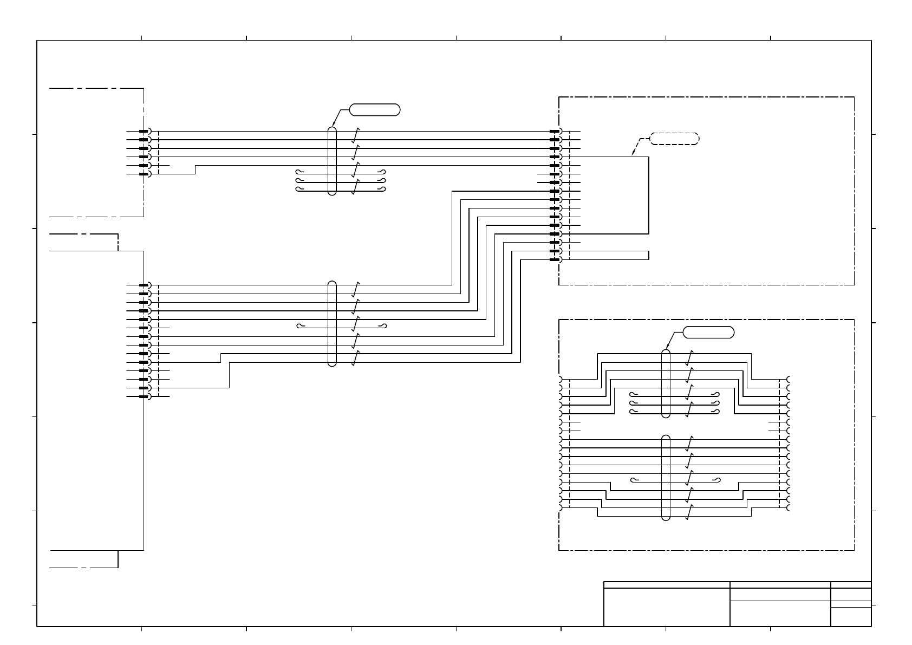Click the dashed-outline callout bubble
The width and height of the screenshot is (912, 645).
coord(674,139)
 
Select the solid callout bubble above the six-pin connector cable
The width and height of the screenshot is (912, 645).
coord(375,110)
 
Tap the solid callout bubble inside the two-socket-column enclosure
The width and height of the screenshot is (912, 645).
coord(708,333)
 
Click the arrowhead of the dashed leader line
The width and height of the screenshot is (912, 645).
coord(633,155)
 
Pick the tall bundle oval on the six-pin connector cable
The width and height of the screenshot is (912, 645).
coord(332,161)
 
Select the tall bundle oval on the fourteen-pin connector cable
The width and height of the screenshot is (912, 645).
coord(332,324)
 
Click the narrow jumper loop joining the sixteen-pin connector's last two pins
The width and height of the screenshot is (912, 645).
coord(648,255)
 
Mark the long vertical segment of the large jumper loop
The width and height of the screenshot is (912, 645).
coord(648,195)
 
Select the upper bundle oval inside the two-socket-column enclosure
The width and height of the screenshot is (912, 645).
coord(666,383)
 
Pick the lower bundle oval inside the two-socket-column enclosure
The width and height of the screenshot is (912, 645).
coord(666,477)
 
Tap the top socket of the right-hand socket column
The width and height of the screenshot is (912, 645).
coord(789,379)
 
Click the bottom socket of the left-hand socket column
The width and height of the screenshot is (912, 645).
coord(560,508)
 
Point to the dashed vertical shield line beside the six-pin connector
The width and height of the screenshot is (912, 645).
coord(159,153)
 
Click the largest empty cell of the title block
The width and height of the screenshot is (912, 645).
coord(666,607)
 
